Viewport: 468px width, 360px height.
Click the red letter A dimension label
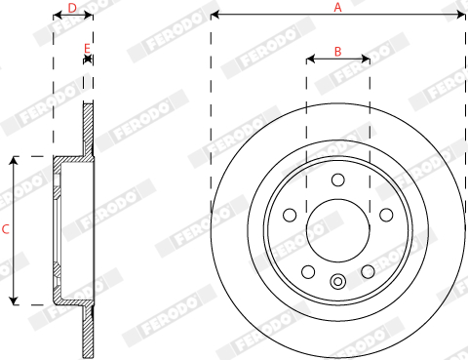(x=338, y=8)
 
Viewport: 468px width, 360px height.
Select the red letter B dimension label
(x=338, y=51)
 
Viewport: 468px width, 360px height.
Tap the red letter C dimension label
(x=6, y=230)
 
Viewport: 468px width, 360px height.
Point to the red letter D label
(x=72, y=8)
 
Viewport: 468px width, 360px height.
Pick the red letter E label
(x=88, y=48)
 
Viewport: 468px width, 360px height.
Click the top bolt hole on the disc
(x=338, y=180)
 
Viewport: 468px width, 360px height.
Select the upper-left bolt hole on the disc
(x=290, y=215)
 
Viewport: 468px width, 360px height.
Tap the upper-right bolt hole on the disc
(x=386, y=215)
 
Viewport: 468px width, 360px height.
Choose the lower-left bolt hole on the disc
(x=308, y=272)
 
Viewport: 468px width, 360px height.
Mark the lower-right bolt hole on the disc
(x=369, y=272)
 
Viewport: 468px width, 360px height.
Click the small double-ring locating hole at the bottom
(x=338, y=283)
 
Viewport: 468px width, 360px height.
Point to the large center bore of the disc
(x=338, y=230)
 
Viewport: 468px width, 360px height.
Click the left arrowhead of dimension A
(x=214, y=16)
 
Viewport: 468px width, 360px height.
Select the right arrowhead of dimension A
(x=462, y=16)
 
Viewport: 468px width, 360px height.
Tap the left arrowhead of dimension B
(x=309, y=60)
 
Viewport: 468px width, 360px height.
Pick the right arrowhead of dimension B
(x=367, y=60)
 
